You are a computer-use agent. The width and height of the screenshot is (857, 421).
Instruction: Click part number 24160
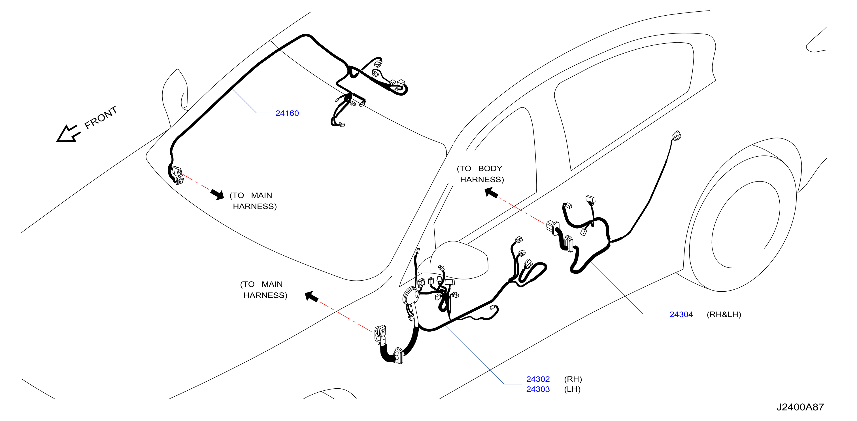(x=287, y=113)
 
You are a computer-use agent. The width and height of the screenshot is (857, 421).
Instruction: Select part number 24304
(x=681, y=314)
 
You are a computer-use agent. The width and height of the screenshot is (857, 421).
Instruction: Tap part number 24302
(x=538, y=379)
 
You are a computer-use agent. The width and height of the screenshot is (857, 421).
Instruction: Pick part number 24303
(x=538, y=389)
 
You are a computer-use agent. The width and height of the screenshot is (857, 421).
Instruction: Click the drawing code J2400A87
(x=800, y=407)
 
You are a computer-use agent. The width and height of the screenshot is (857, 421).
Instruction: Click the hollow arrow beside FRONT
(x=68, y=134)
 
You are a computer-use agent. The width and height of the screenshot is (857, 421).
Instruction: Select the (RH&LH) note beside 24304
(x=724, y=314)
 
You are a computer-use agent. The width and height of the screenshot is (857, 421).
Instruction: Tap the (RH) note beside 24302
(x=573, y=379)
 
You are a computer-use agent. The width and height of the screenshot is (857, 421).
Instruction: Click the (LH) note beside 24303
(x=572, y=389)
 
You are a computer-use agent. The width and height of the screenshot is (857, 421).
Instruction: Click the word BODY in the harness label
(x=490, y=169)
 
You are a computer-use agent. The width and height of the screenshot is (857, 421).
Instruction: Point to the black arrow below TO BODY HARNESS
(x=491, y=193)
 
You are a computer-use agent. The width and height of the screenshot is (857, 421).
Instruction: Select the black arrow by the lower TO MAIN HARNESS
(x=312, y=296)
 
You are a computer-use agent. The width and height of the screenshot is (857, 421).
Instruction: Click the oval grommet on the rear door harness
(x=568, y=243)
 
